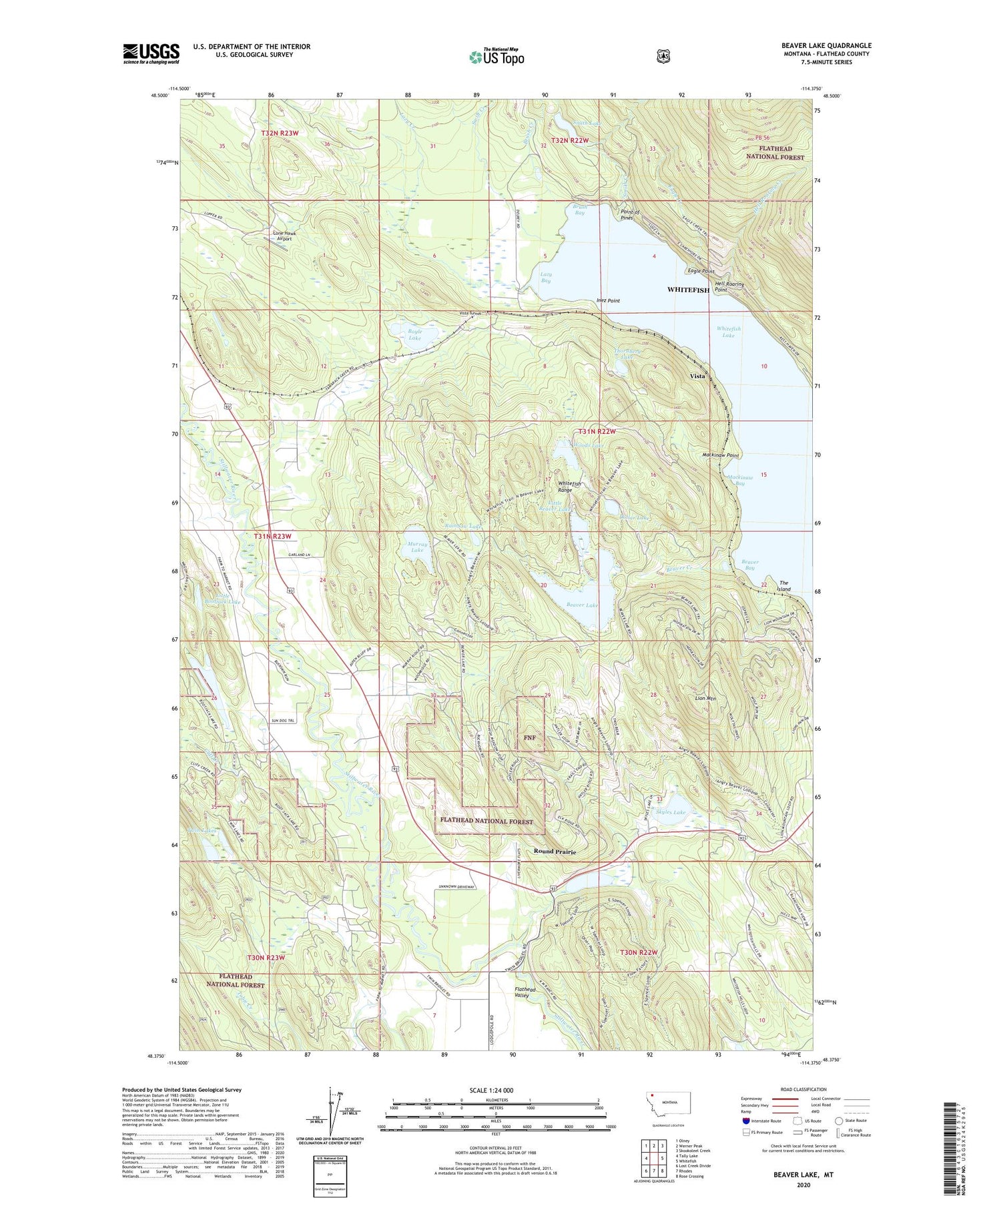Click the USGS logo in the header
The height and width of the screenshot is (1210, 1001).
(x=151, y=53)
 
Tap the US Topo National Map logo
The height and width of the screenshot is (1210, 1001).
(x=496, y=56)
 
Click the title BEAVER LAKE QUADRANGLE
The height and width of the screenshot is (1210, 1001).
(x=826, y=45)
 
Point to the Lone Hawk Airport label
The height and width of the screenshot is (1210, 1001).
(x=284, y=236)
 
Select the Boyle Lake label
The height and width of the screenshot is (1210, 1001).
(x=414, y=335)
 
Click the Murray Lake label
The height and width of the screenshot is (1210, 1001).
(x=416, y=547)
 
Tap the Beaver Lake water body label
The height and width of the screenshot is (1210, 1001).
(x=582, y=605)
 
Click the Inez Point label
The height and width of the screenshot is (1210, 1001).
(x=608, y=301)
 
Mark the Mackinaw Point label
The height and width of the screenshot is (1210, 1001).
(x=721, y=455)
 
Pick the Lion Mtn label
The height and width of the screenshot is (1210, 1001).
(x=705, y=698)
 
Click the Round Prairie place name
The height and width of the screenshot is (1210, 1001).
(x=555, y=852)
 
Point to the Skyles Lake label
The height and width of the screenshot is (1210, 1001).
(x=671, y=812)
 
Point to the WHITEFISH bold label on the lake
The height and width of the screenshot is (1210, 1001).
(x=688, y=290)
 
